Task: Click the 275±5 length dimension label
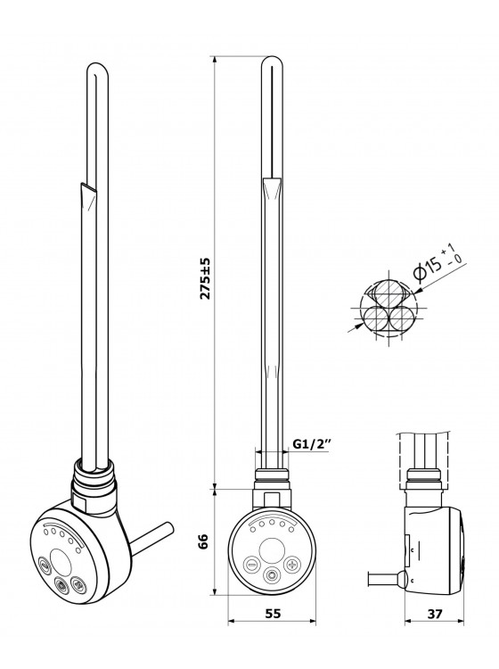click(206, 277)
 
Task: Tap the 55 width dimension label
click(273, 614)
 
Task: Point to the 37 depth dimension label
click(434, 614)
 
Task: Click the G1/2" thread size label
click(313, 443)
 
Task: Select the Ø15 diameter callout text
click(439, 263)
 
